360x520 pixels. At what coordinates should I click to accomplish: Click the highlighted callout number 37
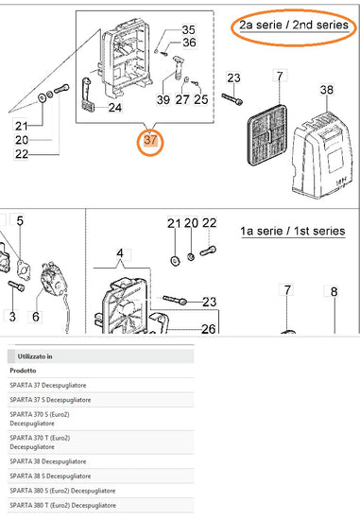coord(150,140)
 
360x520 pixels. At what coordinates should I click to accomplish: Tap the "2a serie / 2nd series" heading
coord(294,25)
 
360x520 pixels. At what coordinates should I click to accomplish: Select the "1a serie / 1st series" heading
coord(293,231)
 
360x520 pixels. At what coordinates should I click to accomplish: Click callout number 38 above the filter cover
coord(327,90)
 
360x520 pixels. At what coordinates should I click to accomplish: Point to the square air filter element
coord(266,135)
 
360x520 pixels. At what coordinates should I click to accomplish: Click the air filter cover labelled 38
coord(320,156)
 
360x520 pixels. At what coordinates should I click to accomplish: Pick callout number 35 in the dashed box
coord(189,29)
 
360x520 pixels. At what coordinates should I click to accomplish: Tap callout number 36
coord(189,43)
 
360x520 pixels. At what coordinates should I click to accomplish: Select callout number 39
coord(163,99)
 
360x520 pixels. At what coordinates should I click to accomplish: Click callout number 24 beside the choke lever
coord(114,108)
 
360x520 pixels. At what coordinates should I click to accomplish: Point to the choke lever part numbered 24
coord(88,95)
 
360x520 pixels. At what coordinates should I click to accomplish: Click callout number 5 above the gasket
coord(20,220)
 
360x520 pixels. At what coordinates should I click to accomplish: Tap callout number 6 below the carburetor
coord(36,317)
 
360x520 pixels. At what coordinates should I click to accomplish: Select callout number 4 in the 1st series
coord(120,253)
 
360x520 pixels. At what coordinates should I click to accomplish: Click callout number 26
coord(209,329)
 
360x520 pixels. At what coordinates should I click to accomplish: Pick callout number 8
coord(334,291)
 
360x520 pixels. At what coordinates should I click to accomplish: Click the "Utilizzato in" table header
coord(35,356)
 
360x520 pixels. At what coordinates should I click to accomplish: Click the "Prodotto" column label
coord(23,371)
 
